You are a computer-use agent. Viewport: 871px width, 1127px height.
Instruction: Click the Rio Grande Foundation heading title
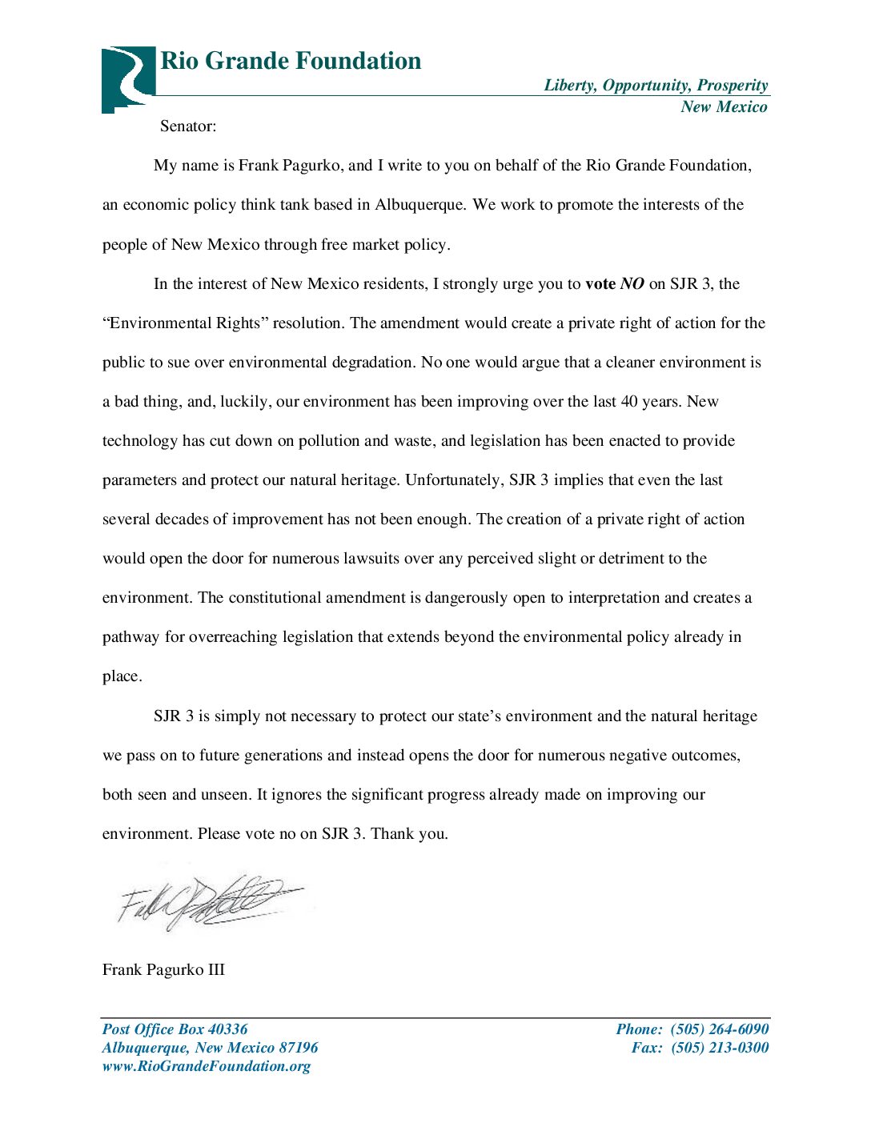[x=291, y=61]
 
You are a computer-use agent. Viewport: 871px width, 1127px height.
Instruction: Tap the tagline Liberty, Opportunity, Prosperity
[x=656, y=86]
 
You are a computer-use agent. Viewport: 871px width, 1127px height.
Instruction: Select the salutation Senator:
[x=188, y=126]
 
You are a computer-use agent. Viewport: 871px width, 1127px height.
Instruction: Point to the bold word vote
[x=600, y=284]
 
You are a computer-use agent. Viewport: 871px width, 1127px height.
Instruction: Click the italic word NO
[x=632, y=284]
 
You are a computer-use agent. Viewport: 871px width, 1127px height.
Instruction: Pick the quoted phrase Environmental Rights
[x=185, y=323]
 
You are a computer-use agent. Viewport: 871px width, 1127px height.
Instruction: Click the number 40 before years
[x=629, y=402]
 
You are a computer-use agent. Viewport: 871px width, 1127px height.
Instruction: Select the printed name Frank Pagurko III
[x=163, y=970]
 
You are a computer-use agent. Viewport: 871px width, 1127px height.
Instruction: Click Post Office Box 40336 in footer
[x=175, y=1029]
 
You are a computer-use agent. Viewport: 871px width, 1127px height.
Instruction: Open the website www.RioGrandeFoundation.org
[x=206, y=1066]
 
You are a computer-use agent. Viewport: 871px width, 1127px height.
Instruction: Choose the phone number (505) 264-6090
[x=719, y=1029]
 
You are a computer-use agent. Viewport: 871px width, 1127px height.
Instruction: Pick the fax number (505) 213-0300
[x=719, y=1048]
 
